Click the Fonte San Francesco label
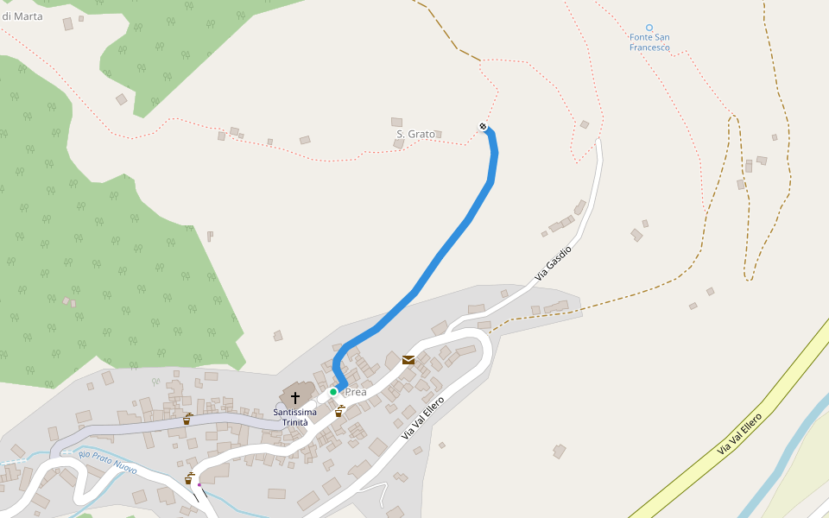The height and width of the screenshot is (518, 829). tap(649, 42)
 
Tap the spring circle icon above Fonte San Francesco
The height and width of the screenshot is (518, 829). tap(649, 28)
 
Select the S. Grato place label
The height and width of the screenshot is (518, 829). tap(415, 134)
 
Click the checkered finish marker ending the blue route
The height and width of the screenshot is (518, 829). tap(483, 127)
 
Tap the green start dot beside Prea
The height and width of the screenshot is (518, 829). tap(333, 392)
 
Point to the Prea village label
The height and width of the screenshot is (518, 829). tap(356, 392)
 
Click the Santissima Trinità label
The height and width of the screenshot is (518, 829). tap(295, 417)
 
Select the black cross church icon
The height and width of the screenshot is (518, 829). tap(295, 397)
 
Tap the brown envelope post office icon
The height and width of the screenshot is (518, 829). tap(408, 359)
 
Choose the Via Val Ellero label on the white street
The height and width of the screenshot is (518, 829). tap(422, 418)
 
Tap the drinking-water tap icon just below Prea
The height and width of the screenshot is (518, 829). tap(339, 411)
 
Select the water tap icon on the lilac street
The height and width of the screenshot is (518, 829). tap(187, 419)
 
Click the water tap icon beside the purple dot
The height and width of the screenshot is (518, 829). tap(188, 478)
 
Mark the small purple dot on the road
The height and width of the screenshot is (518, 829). tap(199, 484)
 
